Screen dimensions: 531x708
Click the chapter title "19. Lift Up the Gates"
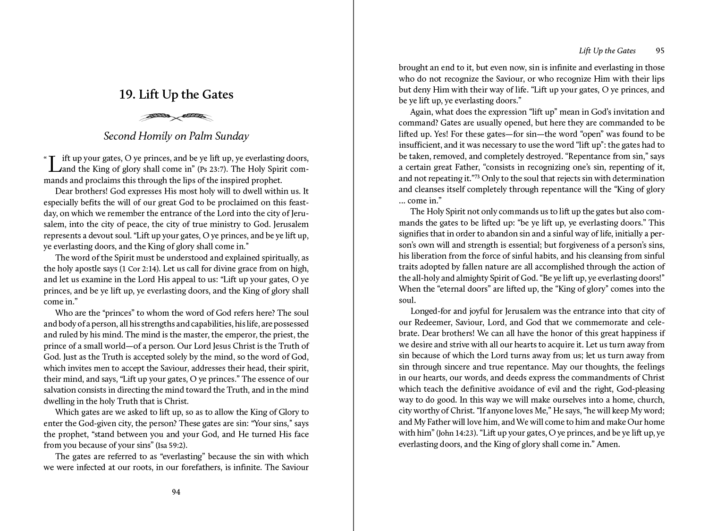coord(176,95)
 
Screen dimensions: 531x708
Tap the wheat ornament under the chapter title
coord(176,116)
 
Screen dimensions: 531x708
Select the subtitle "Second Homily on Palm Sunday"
coord(176,136)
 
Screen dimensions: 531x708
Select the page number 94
coord(176,492)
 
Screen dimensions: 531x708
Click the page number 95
coord(660,51)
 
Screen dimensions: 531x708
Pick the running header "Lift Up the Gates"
coord(607,51)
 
